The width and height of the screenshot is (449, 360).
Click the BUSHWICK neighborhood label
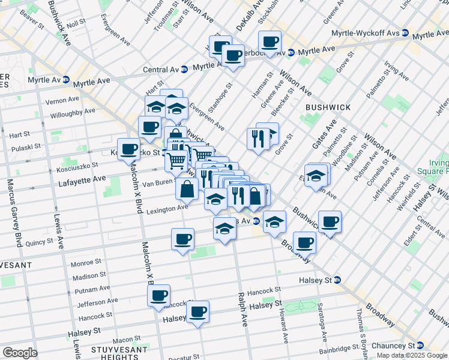[328, 107]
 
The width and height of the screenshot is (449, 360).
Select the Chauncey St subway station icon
[420, 345]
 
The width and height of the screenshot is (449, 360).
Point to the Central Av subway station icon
[185, 70]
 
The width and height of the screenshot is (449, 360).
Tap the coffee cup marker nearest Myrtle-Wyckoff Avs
[270, 41]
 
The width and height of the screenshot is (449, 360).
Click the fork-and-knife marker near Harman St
[256, 139]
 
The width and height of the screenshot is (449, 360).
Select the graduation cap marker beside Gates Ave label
[316, 176]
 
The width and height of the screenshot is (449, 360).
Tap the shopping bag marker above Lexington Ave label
[187, 188]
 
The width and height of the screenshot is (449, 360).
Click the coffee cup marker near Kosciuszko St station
[128, 149]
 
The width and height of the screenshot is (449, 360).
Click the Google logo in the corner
[20, 352]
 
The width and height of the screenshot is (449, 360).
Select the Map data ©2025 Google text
[411, 355]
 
